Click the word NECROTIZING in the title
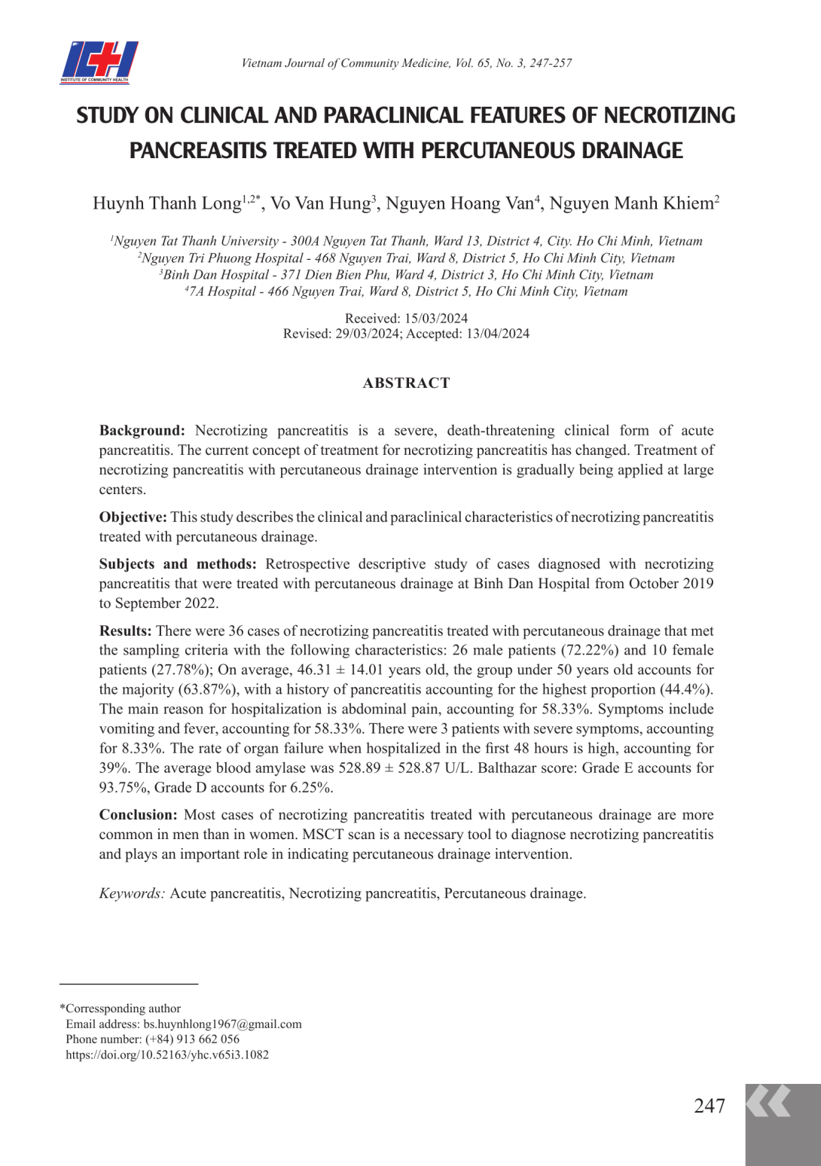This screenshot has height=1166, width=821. point(669,115)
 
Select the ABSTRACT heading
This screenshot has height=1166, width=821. point(406,383)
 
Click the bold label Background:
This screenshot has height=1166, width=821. point(142,431)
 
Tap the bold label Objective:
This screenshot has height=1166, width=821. point(133,517)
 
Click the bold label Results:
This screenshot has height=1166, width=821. point(125,631)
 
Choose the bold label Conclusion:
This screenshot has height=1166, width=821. point(139,815)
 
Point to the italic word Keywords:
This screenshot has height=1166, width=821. point(132,894)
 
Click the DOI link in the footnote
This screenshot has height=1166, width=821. point(167,1055)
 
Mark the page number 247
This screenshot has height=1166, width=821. point(709,1106)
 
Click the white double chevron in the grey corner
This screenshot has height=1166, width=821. point(768,1101)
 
